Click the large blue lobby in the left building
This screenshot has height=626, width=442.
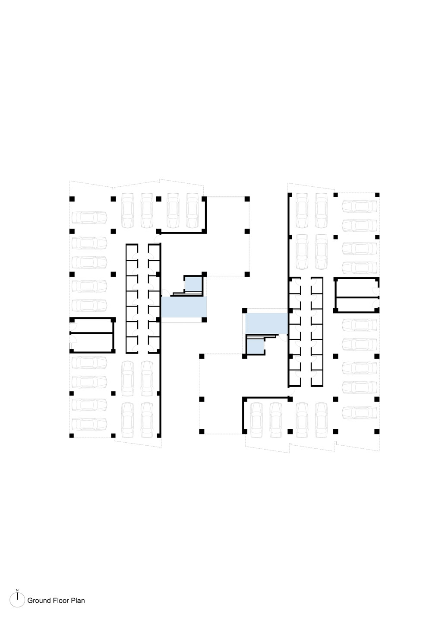pos(184,307)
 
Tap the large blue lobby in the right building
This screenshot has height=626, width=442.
pos(266,323)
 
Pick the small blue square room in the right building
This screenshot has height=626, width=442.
pos(256,346)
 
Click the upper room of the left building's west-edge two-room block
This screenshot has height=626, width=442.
pos(92,326)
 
